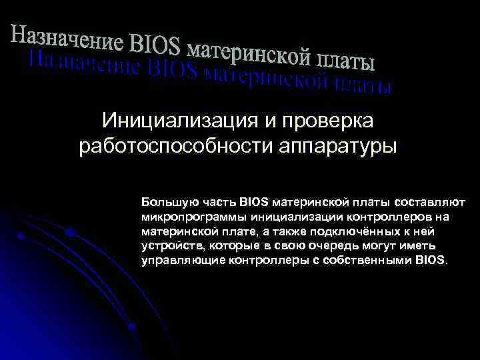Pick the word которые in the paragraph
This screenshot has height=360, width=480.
[x=223, y=245]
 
